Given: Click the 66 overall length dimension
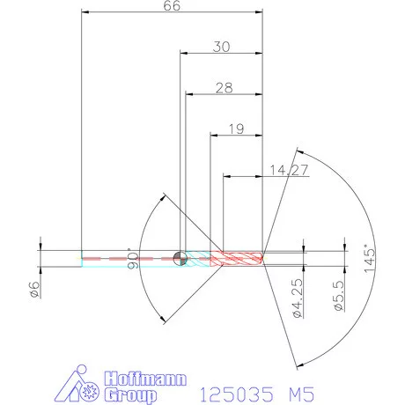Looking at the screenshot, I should [173, 6].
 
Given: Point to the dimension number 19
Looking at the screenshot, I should [236, 129].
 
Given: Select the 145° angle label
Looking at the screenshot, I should [370, 256].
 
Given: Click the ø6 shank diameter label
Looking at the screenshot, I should [33, 290].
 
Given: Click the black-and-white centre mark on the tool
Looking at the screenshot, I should [180, 257].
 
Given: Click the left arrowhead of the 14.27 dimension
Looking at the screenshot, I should [225, 176].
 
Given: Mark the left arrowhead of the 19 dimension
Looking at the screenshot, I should [212, 135].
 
